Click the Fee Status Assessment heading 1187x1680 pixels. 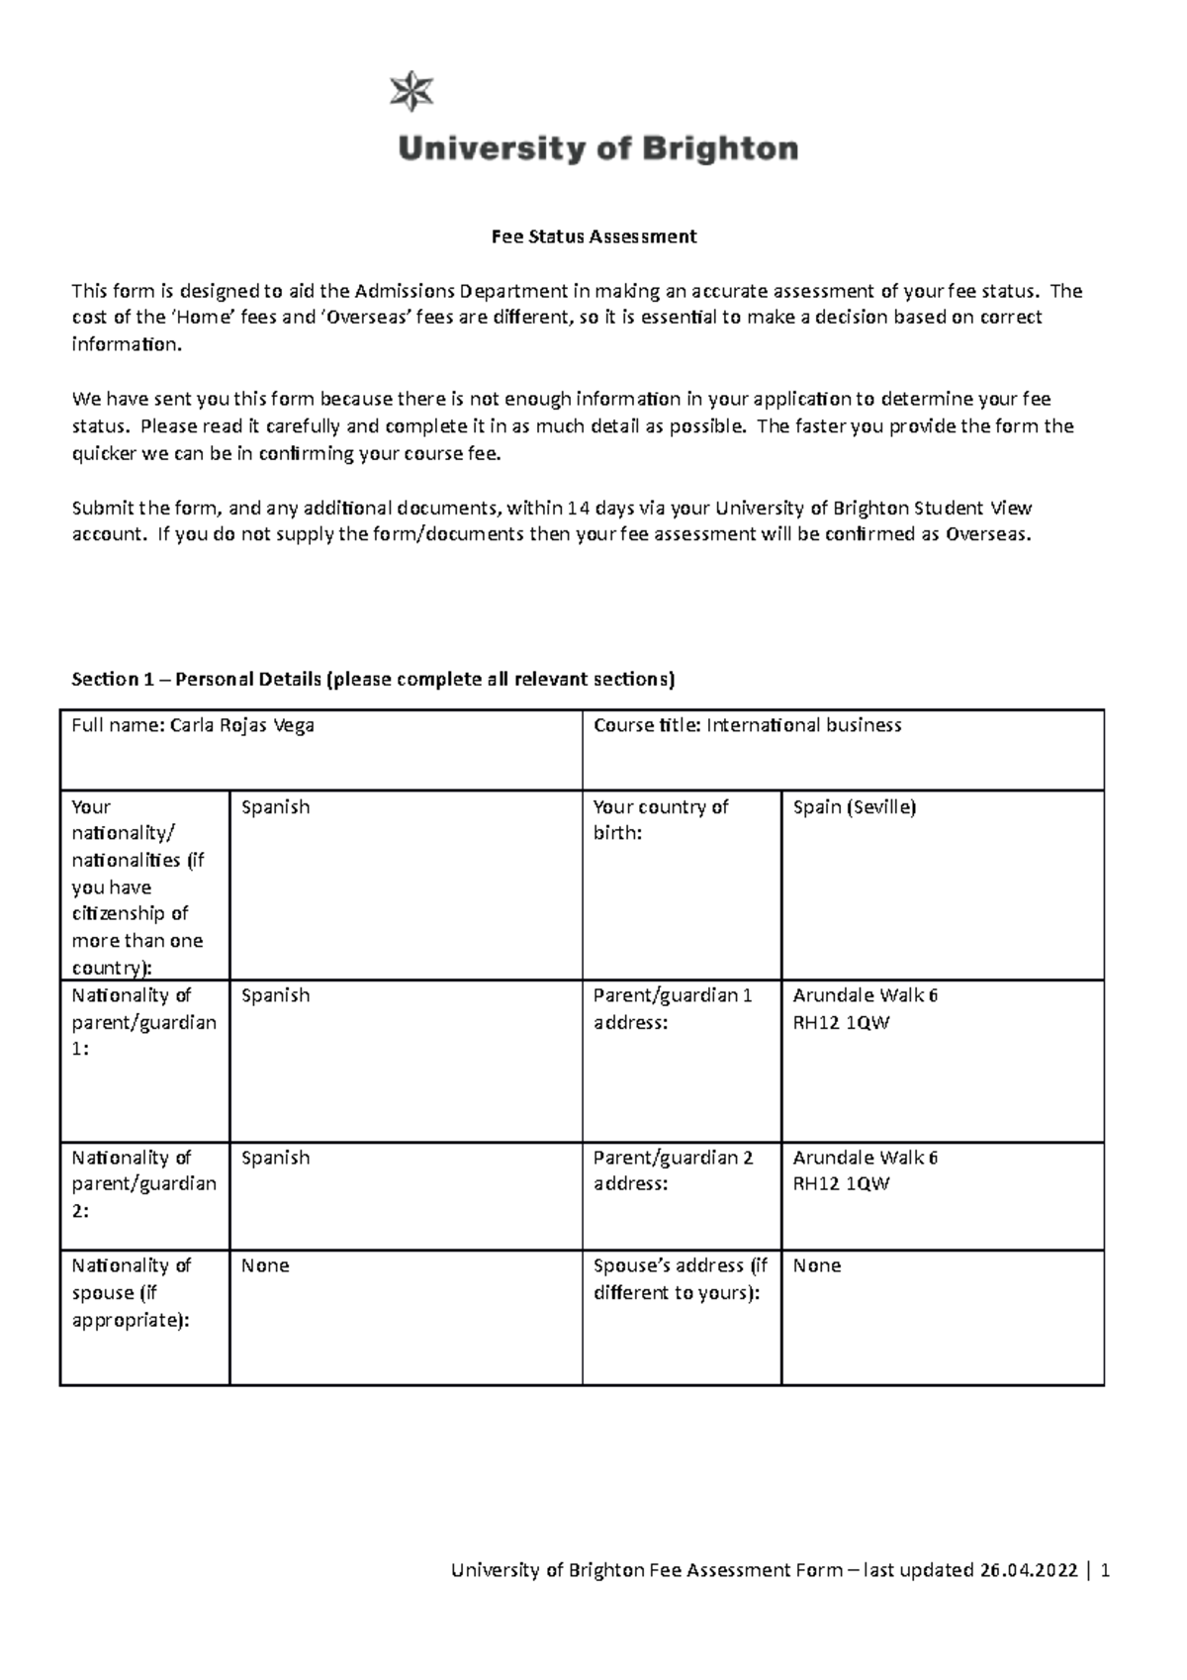[x=594, y=236]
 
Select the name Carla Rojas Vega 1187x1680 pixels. [x=242, y=725]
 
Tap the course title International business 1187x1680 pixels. [x=803, y=725]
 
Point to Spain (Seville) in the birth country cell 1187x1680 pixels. [x=855, y=807]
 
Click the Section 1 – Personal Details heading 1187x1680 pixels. [x=373, y=679]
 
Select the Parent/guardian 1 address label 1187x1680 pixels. [x=673, y=1009]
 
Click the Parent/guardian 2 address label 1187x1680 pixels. [x=673, y=1170]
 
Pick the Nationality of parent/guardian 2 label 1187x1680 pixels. [x=143, y=1183]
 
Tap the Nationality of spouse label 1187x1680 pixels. [x=132, y=1292]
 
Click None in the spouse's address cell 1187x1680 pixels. [x=817, y=1265]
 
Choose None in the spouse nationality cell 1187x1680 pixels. [x=265, y=1265]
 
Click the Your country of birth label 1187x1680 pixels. [x=661, y=820]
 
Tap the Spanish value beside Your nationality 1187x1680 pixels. [x=275, y=807]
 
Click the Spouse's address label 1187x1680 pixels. [x=681, y=1278]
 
